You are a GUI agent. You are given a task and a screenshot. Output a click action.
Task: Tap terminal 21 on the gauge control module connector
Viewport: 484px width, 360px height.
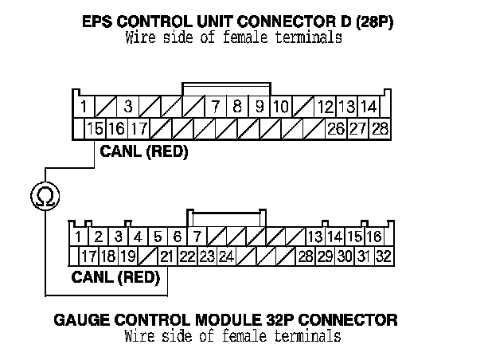click(166, 256)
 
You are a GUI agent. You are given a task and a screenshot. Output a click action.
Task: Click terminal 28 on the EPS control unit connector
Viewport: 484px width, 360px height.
click(379, 128)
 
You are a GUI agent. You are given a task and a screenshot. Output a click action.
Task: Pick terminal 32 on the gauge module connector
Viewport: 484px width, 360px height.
click(383, 256)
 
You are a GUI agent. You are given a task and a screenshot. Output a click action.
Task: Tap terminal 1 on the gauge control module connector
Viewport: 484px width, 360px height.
click(79, 237)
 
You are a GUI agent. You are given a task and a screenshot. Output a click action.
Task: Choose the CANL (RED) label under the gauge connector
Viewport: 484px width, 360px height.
click(116, 278)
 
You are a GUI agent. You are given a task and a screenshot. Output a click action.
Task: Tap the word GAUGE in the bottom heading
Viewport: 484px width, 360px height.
click(82, 320)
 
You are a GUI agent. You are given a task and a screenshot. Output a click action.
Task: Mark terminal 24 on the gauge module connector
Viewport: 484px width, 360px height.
click(226, 256)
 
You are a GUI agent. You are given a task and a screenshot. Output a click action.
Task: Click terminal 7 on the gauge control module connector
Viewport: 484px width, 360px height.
click(197, 237)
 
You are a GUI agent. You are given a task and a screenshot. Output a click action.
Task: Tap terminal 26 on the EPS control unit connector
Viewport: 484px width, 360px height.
click(336, 128)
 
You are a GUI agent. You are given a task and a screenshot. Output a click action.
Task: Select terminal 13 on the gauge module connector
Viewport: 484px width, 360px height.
click(314, 237)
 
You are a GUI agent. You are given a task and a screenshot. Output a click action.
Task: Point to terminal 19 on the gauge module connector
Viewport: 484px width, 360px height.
click(127, 256)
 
